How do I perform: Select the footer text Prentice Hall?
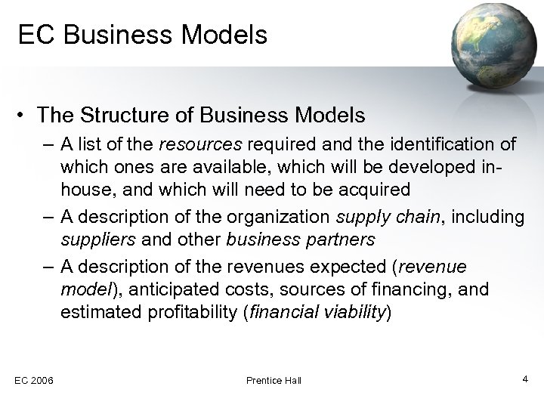[274, 380]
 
